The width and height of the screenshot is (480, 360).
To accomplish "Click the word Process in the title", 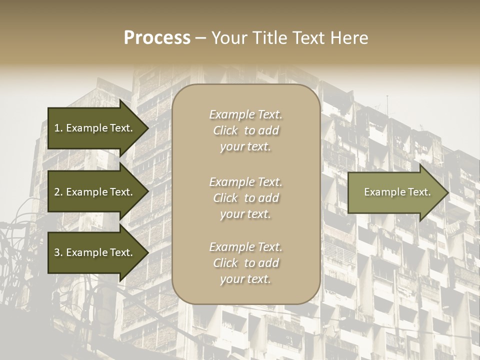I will [157, 38].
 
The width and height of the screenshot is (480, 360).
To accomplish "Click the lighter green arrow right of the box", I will [395, 192].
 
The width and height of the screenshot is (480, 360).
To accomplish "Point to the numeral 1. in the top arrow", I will [58, 128].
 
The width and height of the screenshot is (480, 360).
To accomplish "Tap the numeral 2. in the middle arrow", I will [58, 192].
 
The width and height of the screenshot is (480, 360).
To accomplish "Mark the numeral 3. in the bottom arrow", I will [58, 252].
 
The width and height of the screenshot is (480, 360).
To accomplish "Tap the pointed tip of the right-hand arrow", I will [446, 192].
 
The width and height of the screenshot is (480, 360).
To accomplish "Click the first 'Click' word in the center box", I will [225, 131].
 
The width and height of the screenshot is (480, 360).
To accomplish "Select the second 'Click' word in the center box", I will [225, 198].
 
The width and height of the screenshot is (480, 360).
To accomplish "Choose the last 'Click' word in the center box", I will [225, 263].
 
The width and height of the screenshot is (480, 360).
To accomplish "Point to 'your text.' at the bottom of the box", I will [245, 279].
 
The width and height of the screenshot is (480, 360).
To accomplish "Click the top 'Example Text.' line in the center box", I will [245, 114].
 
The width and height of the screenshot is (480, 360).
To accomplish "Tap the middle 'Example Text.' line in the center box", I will [245, 182].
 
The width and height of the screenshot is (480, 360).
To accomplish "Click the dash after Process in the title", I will [200, 38].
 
